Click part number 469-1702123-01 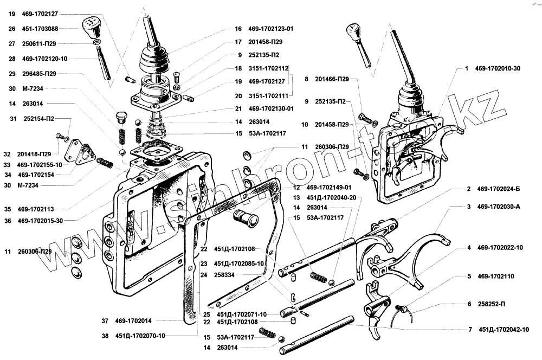(273, 29)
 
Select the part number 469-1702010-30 (498, 69)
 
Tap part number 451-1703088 (41, 29)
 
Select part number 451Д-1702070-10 (140, 336)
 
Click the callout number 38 (105, 336)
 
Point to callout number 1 (466, 69)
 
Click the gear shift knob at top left (90, 26)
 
